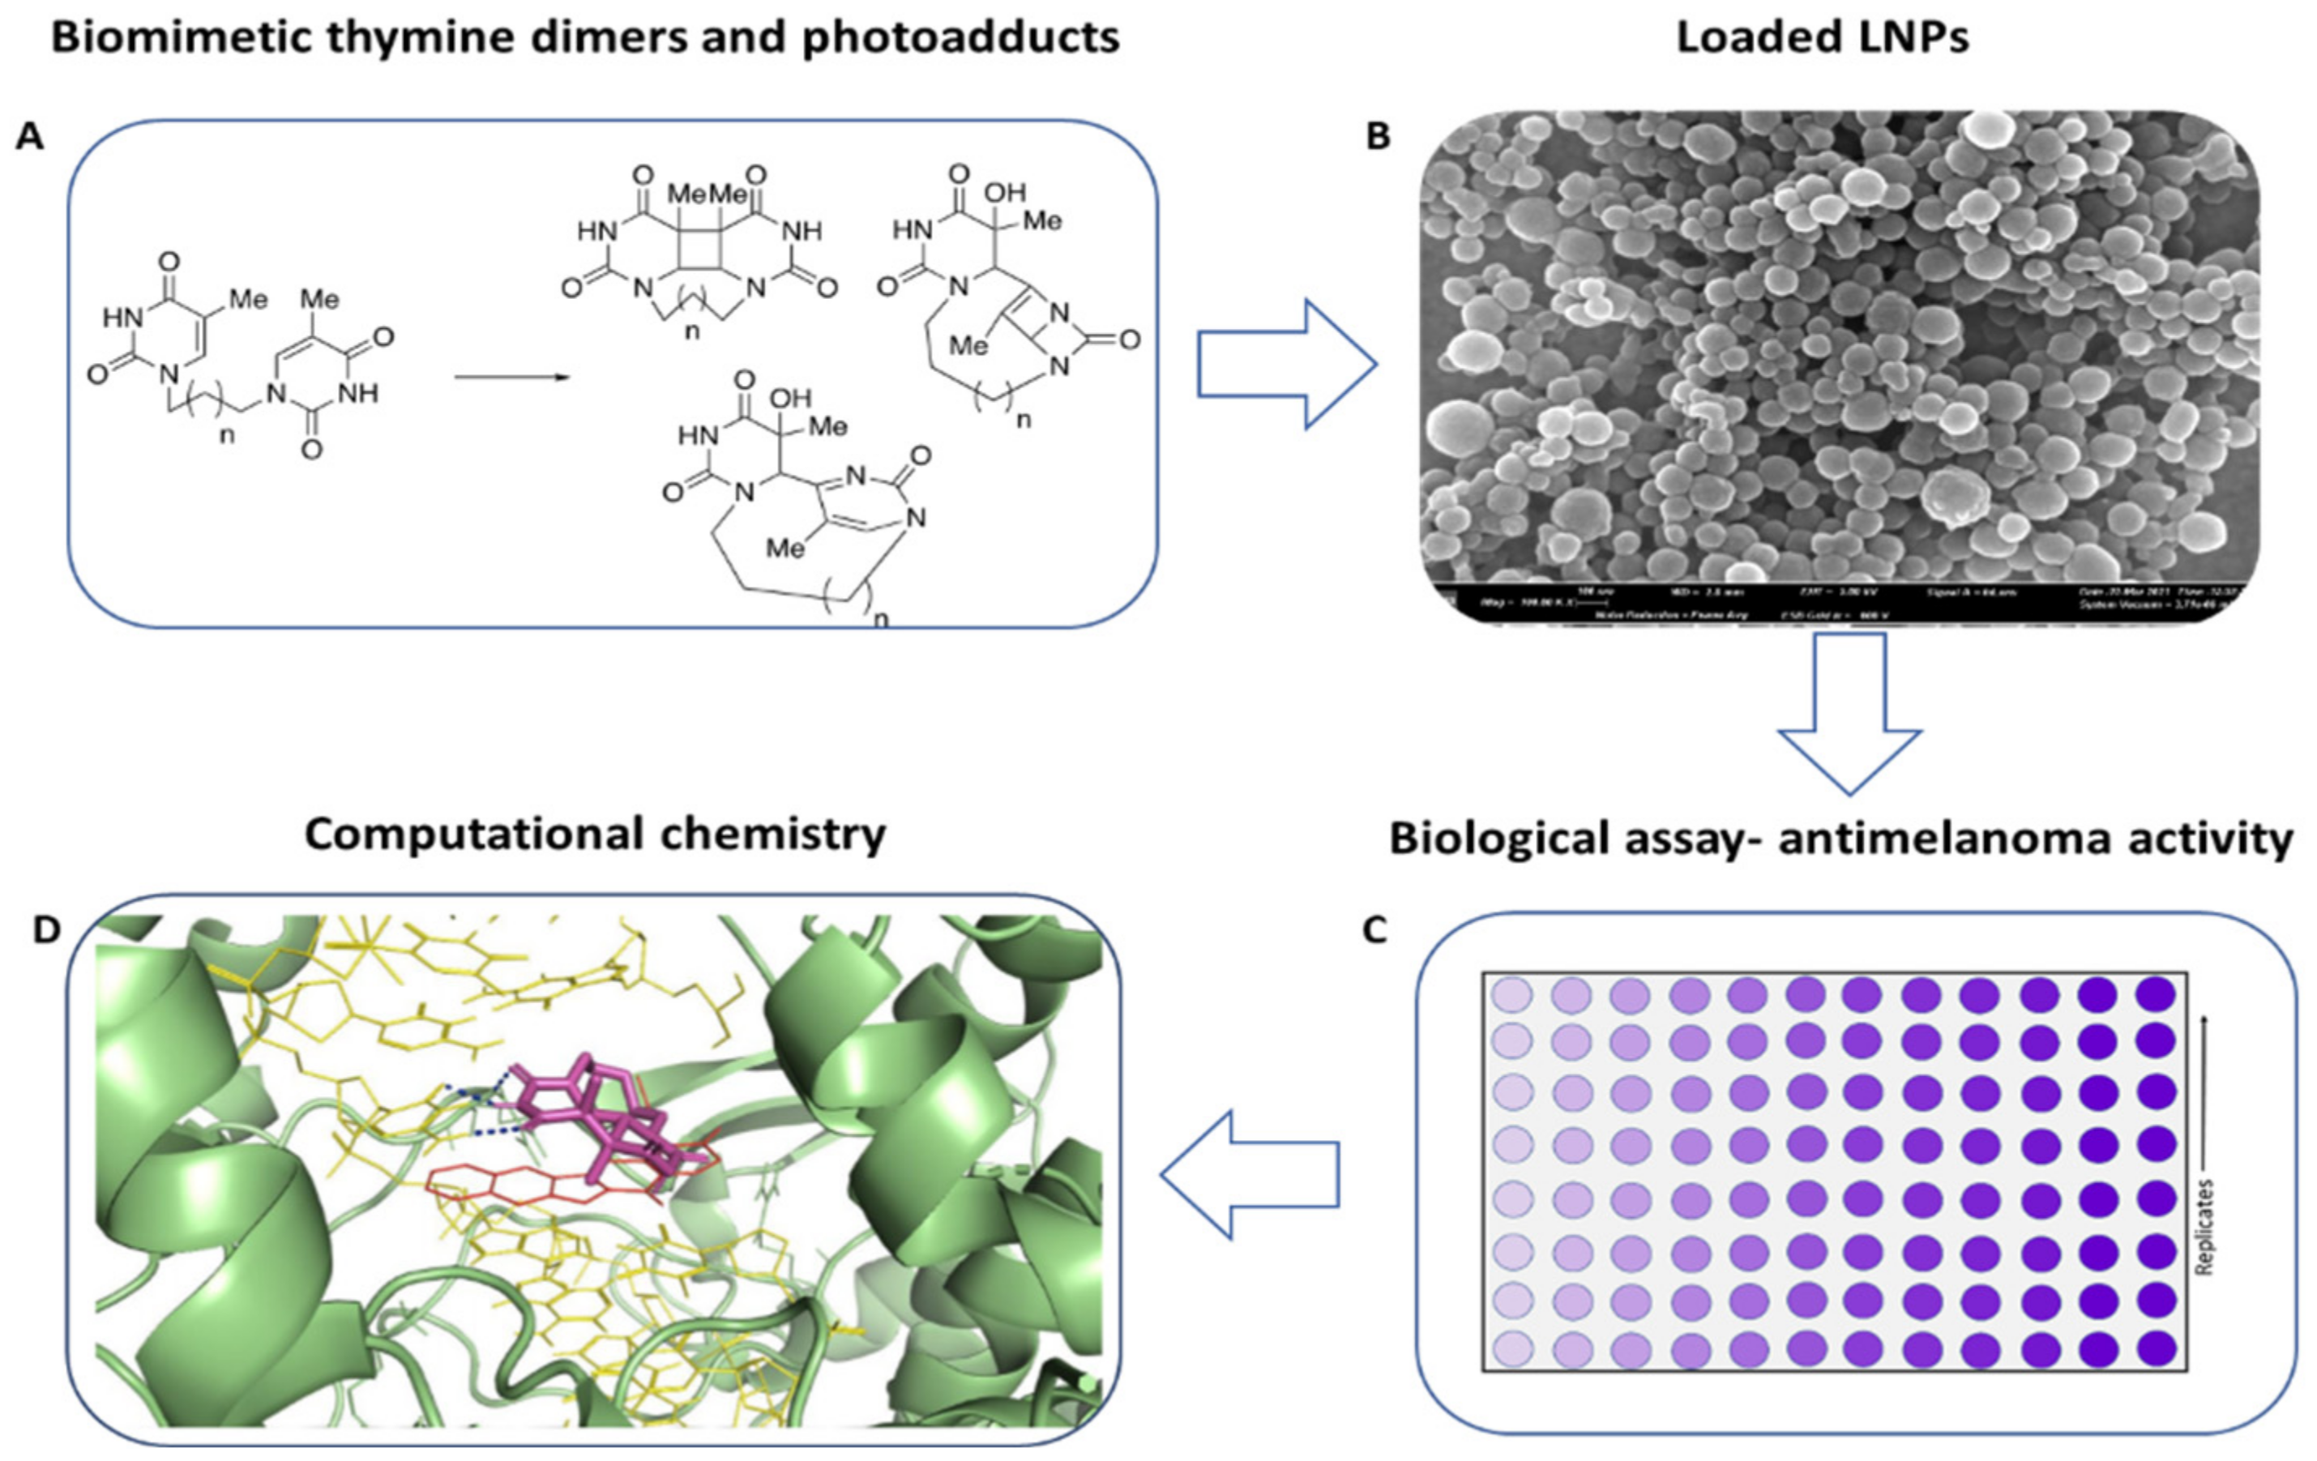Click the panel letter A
(x=30, y=137)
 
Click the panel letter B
(x=1379, y=137)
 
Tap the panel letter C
(x=1375, y=930)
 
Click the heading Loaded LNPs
(x=1823, y=37)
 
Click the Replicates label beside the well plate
(x=2204, y=1226)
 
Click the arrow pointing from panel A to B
(x=1285, y=364)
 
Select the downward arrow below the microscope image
(x=1849, y=711)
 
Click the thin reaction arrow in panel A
(x=512, y=376)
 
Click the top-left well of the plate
(x=1511, y=994)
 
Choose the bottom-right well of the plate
(x=2157, y=1348)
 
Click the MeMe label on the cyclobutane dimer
(x=709, y=194)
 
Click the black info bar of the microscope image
(x=1838, y=601)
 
